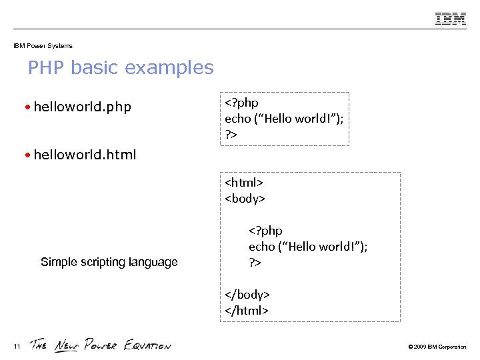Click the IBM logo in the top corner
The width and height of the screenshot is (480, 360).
(x=451, y=19)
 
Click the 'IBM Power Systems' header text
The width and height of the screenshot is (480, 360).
(x=43, y=46)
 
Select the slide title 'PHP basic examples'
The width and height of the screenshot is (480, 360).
(x=121, y=68)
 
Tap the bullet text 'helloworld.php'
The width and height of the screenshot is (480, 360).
(x=83, y=107)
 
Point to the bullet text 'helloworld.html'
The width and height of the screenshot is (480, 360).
(x=85, y=155)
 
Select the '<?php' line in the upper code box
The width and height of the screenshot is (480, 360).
(x=241, y=103)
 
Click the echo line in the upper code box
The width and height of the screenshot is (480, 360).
(x=284, y=119)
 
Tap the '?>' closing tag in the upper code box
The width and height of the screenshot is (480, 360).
(x=231, y=135)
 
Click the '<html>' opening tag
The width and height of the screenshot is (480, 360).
(x=244, y=182)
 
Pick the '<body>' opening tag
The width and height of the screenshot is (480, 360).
(x=245, y=198)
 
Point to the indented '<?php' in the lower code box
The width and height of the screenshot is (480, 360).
(x=265, y=231)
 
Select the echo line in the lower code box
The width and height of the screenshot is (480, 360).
(x=308, y=246)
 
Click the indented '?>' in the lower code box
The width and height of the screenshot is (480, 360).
(x=255, y=262)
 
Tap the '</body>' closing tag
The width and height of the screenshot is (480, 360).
(x=247, y=294)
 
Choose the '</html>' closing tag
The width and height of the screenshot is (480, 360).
(x=247, y=310)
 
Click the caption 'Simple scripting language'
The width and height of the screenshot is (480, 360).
(x=109, y=262)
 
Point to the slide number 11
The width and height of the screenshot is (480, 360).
(x=17, y=345)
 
